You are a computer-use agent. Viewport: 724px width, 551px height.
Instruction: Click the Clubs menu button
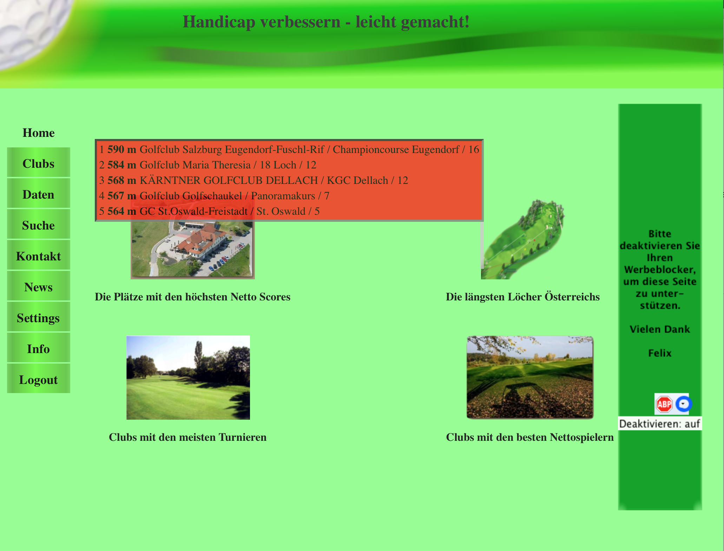(39, 163)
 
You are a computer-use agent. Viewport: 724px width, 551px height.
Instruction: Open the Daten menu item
(39, 194)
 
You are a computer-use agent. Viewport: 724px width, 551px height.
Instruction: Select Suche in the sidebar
(39, 225)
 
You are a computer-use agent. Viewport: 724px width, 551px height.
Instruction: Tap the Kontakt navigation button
(39, 255)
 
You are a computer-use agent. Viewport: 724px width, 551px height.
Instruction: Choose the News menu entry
(39, 286)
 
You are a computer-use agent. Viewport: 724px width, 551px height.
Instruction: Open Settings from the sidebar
(39, 317)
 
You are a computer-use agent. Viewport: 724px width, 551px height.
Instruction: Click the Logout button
(39, 379)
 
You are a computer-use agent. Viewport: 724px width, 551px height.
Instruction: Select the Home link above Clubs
(39, 133)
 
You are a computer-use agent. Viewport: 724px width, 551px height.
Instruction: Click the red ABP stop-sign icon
(664, 404)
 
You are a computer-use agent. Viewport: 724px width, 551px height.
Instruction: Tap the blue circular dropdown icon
(683, 404)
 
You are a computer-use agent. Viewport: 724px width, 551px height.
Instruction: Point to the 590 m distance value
(122, 150)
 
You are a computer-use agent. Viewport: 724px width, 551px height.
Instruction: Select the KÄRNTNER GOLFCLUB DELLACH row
(254, 180)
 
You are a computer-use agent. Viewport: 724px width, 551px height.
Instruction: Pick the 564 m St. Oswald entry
(209, 211)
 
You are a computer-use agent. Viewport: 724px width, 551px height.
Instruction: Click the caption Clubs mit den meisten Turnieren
(188, 437)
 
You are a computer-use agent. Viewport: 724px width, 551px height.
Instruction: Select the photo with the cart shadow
(530, 377)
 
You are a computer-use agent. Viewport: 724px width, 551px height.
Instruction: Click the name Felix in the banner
(660, 353)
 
